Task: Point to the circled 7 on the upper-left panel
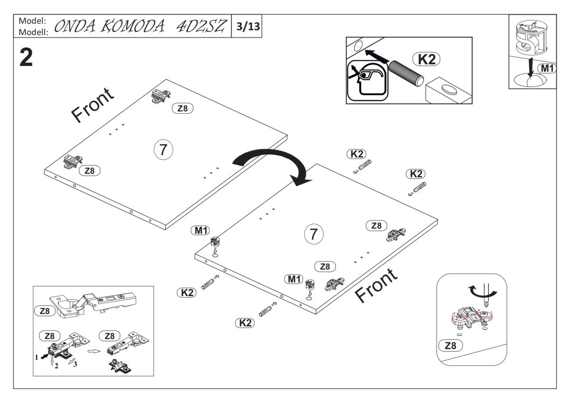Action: click(x=162, y=150)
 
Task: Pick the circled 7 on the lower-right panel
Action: click(x=313, y=234)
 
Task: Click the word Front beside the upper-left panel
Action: click(x=93, y=105)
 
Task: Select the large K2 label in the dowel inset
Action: click(x=426, y=59)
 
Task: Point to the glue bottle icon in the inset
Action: click(x=367, y=81)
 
